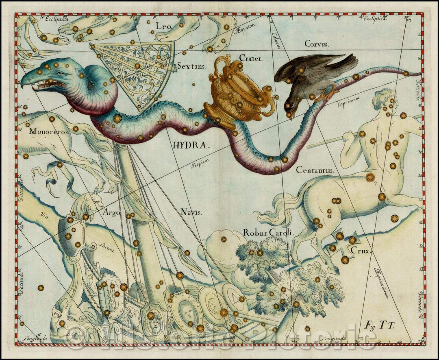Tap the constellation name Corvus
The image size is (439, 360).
tap(317, 44)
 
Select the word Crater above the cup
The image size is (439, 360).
tap(251, 58)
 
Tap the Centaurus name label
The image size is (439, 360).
tap(315, 170)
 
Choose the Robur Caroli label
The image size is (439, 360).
tap(269, 233)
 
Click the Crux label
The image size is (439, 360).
tap(361, 251)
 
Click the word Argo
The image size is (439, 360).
tap(111, 212)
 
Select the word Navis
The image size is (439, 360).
tap(191, 212)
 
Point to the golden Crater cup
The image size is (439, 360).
tap(236, 96)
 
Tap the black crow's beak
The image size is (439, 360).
tap(289, 115)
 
